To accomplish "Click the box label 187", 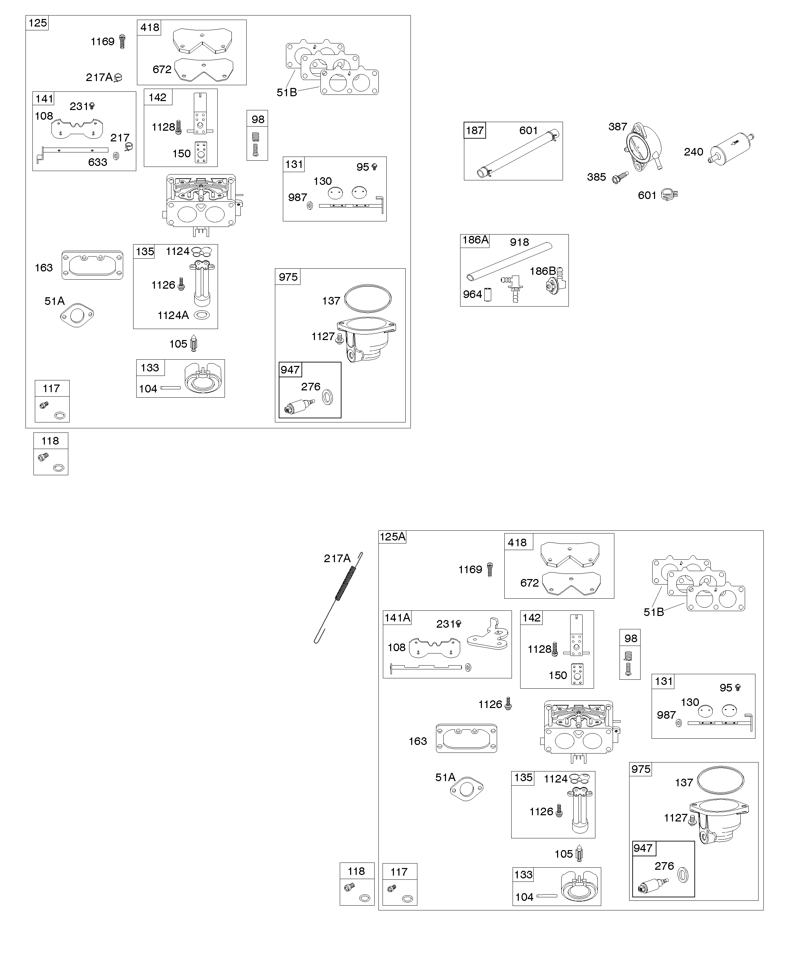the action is (x=475, y=130).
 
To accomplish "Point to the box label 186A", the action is (x=475, y=240).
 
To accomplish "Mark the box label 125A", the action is (x=392, y=537).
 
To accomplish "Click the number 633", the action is (x=98, y=162).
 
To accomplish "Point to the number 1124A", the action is (x=173, y=315).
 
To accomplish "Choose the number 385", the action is (x=596, y=177).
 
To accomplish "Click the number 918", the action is (x=519, y=242).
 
